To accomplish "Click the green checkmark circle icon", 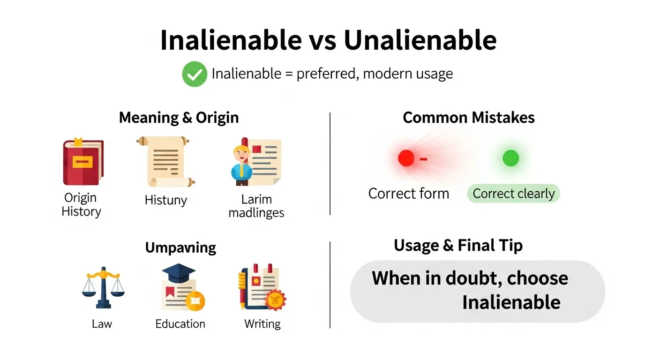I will click(194, 74).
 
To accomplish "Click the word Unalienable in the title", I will click(420, 40).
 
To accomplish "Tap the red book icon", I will click(83, 162).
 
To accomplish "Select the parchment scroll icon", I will click(165, 161).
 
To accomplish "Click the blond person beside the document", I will click(242, 165).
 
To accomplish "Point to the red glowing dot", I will click(406, 158).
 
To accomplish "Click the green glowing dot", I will click(510, 158).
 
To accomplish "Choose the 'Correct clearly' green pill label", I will click(513, 194).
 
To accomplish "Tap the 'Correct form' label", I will click(408, 194).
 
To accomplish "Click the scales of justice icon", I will click(102, 287).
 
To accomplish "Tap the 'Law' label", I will click(102, 324).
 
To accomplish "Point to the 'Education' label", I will click(180, 324).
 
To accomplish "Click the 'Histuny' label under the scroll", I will click(165, 200).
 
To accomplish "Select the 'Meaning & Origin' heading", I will click(179, 118).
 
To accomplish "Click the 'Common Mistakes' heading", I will click(468, 118).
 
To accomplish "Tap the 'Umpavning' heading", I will click(180, 247).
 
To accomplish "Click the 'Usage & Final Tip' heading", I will click(458, 246).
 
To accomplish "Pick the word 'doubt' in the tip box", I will click(474, 278).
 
